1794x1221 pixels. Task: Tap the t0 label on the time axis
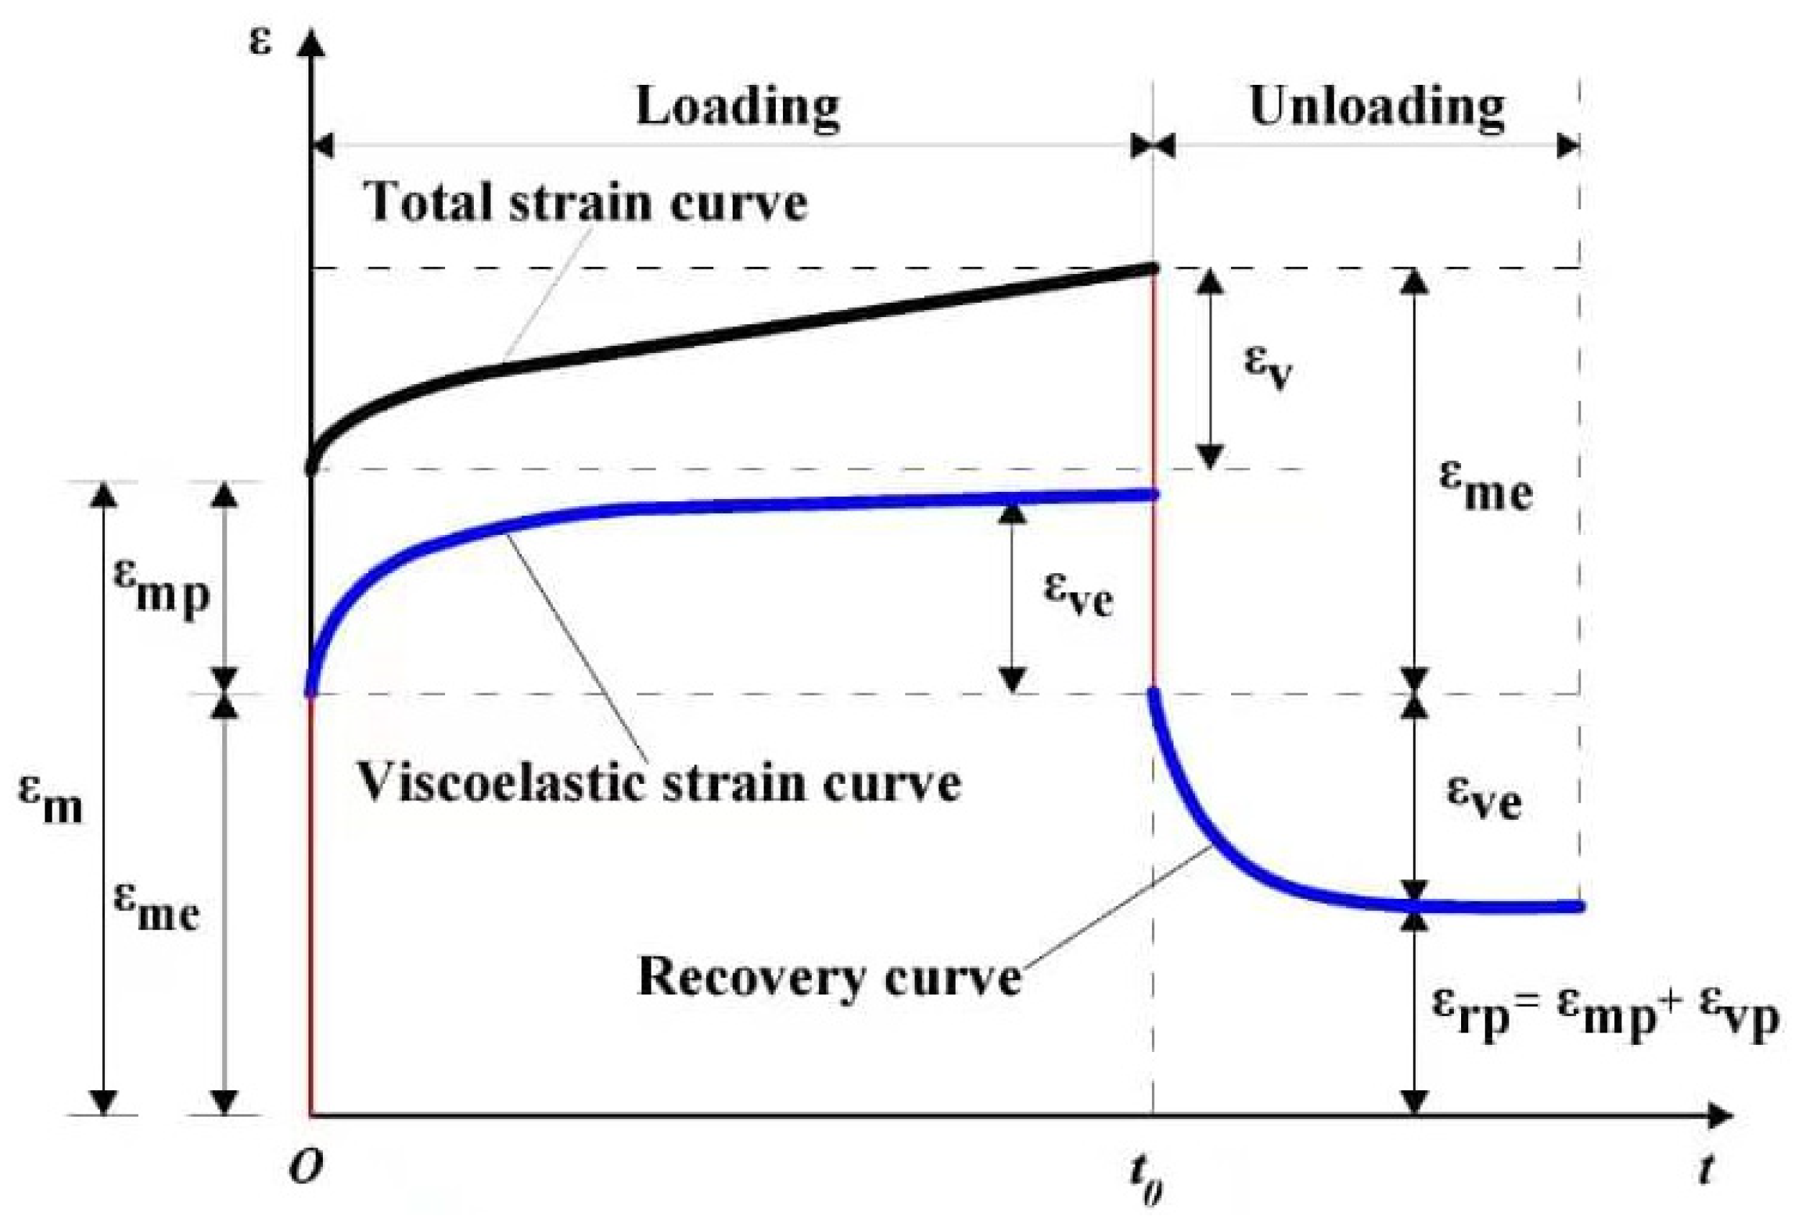1147,1178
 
